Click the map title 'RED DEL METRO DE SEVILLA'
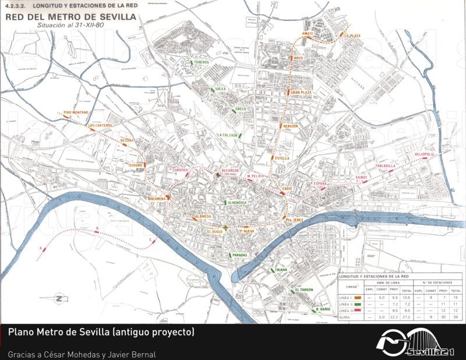click(70, 17)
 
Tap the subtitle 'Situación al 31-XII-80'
click(70, 26)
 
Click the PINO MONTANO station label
click(76, 112)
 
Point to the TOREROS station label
click(201, 62)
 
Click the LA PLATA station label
click(352, 36)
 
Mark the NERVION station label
click(290, 126)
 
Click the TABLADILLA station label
click(386, 166)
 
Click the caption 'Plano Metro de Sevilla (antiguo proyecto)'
click(101, 333)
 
